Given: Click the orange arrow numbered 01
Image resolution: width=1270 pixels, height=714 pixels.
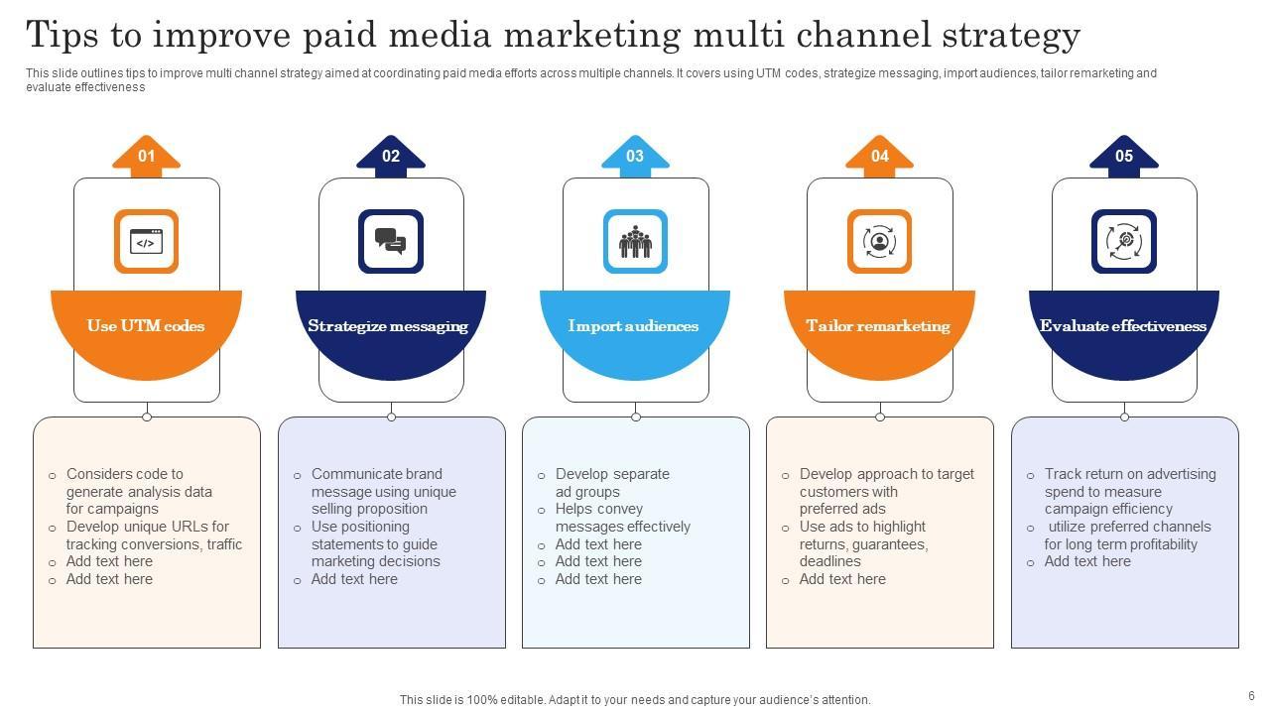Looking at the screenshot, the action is (146, 157).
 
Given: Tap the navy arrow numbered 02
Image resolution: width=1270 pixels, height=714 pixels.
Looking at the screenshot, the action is (391, 157).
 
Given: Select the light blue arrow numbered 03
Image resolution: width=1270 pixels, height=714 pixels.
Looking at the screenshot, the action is (635, 157).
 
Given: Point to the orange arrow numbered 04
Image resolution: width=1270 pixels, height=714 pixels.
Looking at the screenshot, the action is (879, 157).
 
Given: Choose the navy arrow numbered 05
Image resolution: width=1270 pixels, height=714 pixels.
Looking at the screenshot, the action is (1124, 157).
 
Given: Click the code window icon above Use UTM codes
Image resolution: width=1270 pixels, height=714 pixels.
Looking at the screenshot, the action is (146, 241).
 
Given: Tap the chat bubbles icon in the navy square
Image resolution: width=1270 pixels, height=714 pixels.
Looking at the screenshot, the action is (391, 241).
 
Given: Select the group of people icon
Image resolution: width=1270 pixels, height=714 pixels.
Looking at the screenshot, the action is (635, 241).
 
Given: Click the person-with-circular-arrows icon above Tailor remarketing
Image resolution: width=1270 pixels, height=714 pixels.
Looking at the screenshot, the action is (879, 241).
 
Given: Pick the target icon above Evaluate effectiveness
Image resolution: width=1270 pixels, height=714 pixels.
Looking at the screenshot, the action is (1124, 241).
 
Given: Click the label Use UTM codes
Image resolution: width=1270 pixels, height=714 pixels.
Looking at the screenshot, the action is (146, 325).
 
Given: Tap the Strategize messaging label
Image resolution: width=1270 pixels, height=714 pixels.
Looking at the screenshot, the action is (388, 325).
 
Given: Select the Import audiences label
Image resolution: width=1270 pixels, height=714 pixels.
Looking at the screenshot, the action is (633, 325).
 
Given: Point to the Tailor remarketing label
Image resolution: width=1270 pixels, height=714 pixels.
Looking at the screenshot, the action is (878, 325).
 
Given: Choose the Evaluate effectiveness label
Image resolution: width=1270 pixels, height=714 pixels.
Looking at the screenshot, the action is (1123, 325).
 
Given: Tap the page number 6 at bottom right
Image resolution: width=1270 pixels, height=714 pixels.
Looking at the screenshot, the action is (1251, 696).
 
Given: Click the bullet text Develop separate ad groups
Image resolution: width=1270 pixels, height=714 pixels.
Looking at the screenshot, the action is (612, 483).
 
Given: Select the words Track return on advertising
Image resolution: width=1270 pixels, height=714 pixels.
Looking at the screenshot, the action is (1129, 474).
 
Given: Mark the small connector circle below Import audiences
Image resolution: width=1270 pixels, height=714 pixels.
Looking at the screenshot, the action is (636, 416).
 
